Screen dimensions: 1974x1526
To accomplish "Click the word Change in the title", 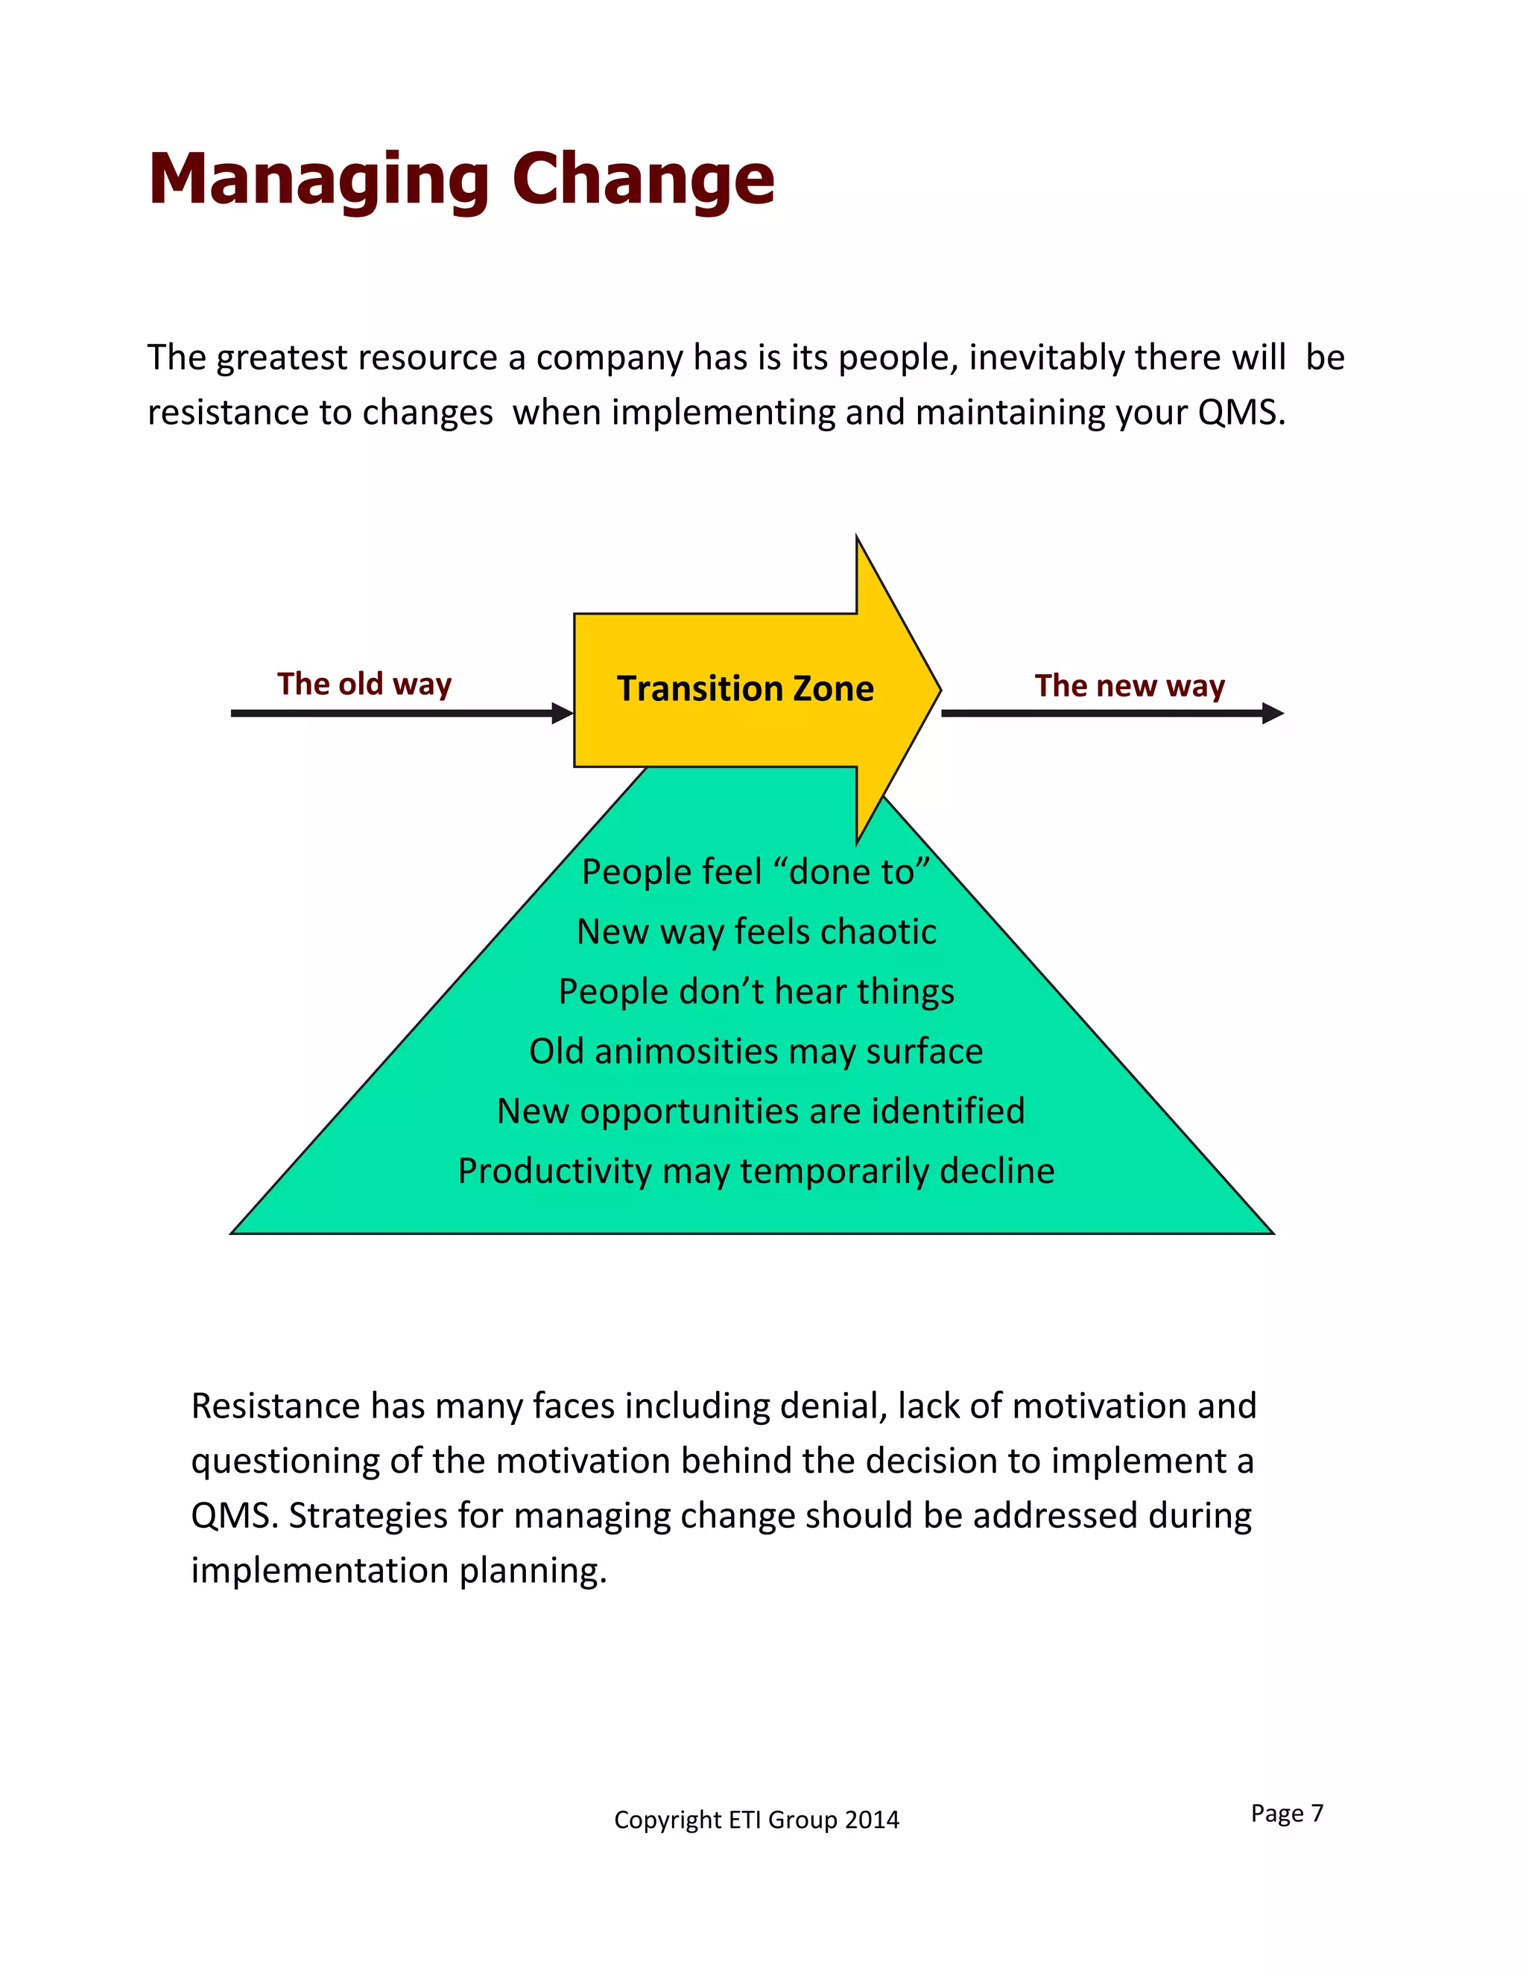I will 643,179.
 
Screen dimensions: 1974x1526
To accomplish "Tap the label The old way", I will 364,685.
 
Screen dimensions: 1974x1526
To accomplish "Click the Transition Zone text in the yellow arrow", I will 745,689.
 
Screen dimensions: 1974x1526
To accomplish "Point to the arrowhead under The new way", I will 1271,713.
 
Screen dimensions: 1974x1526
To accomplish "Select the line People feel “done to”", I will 755,872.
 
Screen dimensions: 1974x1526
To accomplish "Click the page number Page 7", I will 1286,1813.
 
